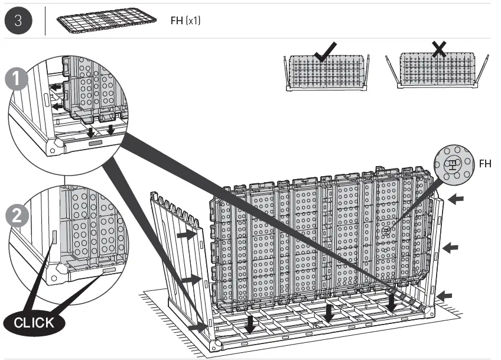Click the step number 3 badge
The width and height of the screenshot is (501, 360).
(x=19, y=21)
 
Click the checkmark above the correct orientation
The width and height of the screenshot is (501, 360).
(x=326, y=53)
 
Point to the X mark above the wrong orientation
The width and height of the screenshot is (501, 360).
(x=438, y=50)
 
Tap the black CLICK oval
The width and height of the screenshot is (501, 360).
(x=34, y=323)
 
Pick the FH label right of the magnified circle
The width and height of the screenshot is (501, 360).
(x=484, y=164)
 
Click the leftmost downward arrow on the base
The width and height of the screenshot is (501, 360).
(x=251, y=323)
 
